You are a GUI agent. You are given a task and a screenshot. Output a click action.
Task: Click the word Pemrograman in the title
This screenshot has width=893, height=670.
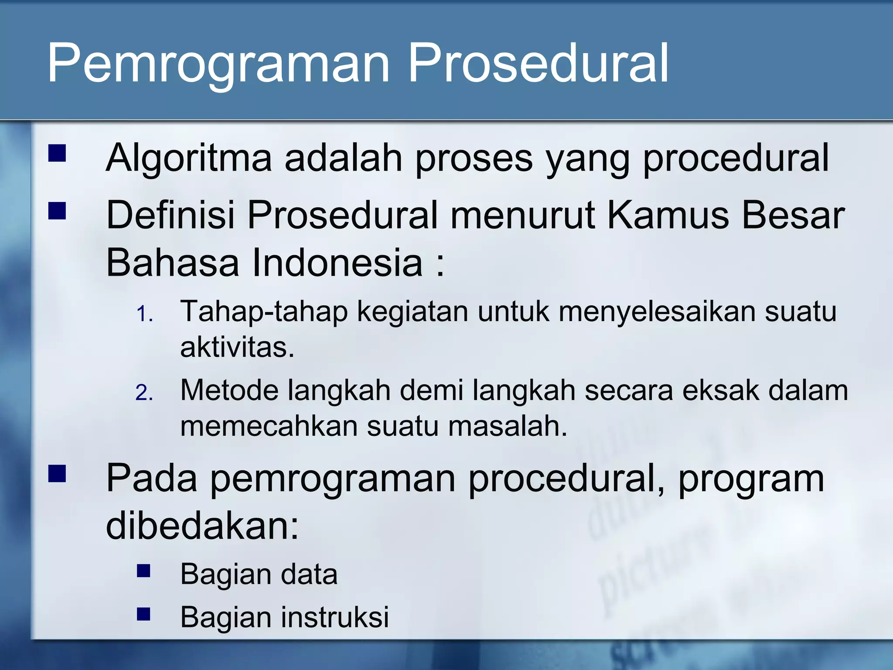[218, 63]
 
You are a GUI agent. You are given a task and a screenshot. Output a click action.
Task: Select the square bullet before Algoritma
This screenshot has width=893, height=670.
[57, 154]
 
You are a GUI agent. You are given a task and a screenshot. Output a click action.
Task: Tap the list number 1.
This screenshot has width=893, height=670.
[144, 314]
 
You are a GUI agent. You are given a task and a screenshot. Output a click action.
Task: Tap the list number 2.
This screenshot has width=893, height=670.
[144, 393]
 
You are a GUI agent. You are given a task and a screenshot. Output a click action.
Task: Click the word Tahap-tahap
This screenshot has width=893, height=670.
[264, 312]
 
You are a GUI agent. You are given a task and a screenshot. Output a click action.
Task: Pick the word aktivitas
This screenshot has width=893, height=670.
[237, 348]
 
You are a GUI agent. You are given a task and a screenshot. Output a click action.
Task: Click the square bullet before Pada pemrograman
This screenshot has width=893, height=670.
[57, 474]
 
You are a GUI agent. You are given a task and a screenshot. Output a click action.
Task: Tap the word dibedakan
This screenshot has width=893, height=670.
[202, 526]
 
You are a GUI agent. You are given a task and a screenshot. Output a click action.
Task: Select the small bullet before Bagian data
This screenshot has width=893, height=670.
[143, 571]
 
